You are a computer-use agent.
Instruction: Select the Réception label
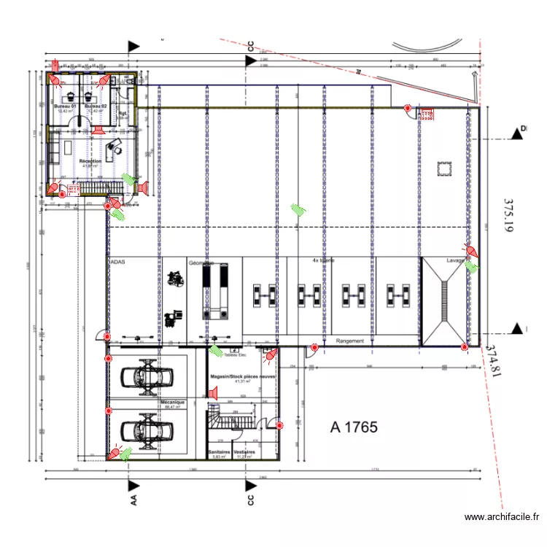(90, 161)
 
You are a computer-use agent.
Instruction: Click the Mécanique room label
(173, 403)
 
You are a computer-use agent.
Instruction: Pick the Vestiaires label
(245, 452)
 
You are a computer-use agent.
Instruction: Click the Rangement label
(349, 341)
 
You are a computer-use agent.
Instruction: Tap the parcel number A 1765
(354, 427)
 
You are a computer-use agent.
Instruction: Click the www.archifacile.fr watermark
(502, 517)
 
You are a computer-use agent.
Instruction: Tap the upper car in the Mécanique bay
(147, 376)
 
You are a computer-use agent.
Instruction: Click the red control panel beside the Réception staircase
(73, 188)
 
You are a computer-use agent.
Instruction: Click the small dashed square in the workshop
(443, 168)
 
